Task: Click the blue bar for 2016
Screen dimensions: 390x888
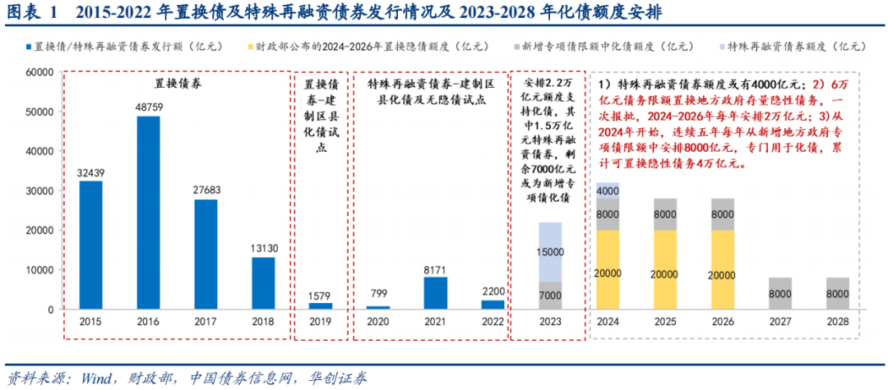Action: coord(148,213)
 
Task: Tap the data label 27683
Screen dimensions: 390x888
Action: coord(206,190)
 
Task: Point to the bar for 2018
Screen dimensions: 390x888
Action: coord(264,283)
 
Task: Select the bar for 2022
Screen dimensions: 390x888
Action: coord(493,305)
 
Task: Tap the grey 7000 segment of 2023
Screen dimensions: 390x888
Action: coord(551,295)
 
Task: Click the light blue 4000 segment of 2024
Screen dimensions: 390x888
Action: coord(608,190)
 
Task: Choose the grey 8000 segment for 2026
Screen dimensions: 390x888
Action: coord(724,213)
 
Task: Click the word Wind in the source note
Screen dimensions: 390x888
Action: coord(96,378)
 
